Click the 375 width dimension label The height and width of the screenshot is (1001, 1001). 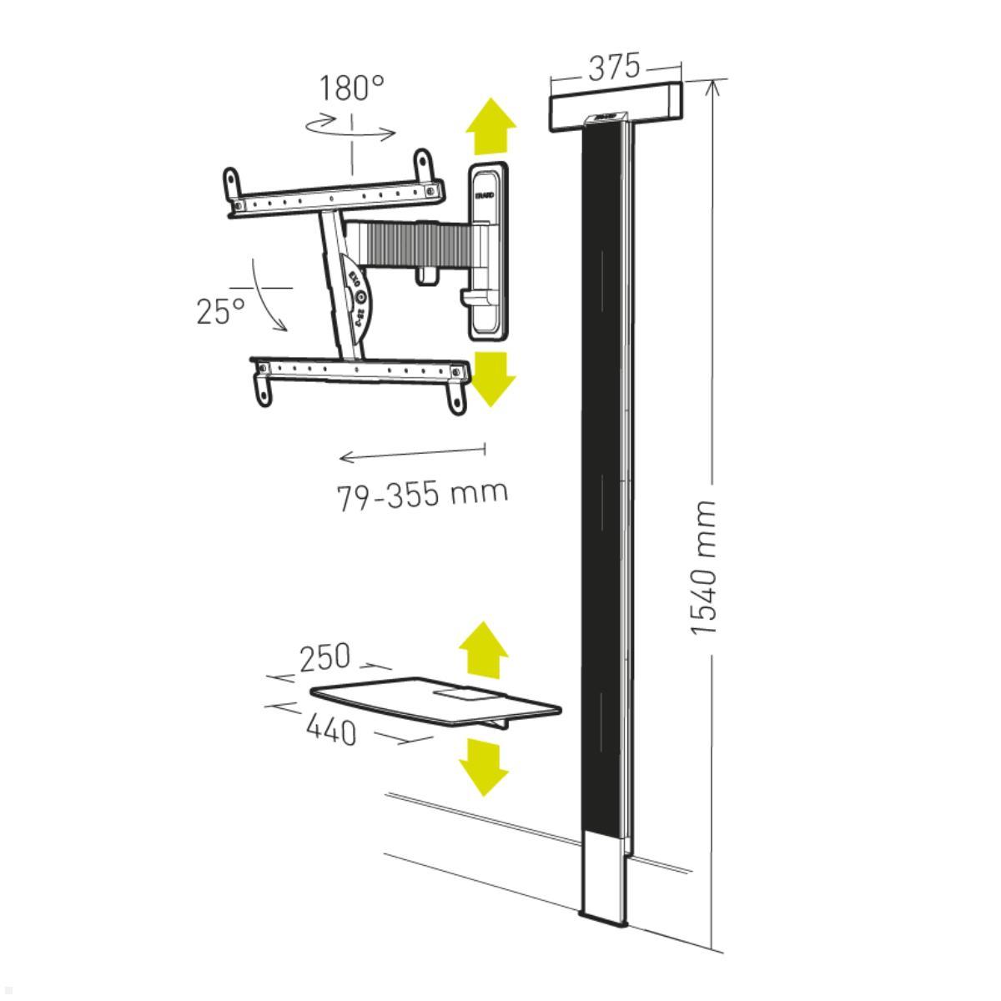click(x=615, y=68)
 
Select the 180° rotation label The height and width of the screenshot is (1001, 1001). click(x=351, y=88)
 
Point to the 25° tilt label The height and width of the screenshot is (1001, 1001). click(x=221, y=310)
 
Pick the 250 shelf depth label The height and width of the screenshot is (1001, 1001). click(x=325, y=658)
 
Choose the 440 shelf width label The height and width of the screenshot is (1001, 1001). click(x=331, y=731)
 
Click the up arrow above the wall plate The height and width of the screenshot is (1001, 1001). click(x=490, y=126)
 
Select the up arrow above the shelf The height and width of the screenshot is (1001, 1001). click(x=484, y=650)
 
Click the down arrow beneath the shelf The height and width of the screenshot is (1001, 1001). click(x=484, y=767)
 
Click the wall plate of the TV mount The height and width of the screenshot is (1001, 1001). click(x=487, y=250)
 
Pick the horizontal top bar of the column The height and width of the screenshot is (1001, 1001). click(x=616, y=108)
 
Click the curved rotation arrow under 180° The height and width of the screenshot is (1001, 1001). click(x=350, y=130)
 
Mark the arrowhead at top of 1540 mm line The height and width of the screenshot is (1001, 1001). click(x=714, y=87)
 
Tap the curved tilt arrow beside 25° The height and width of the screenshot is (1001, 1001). click(x=269, y=299)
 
